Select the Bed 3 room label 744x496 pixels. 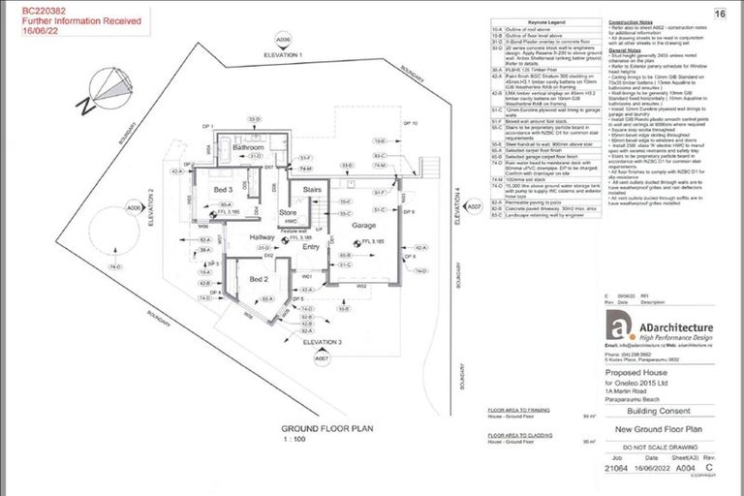coord(224,189)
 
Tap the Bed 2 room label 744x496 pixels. coord(259,278)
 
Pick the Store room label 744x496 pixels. coord(287,211)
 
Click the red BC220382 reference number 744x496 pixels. coord(35,9)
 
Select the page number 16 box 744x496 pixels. coord(719,14)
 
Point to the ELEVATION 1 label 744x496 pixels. coord(284,55)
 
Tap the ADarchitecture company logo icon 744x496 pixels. coord(616,328)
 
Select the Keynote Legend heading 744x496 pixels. coord(539,18)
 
